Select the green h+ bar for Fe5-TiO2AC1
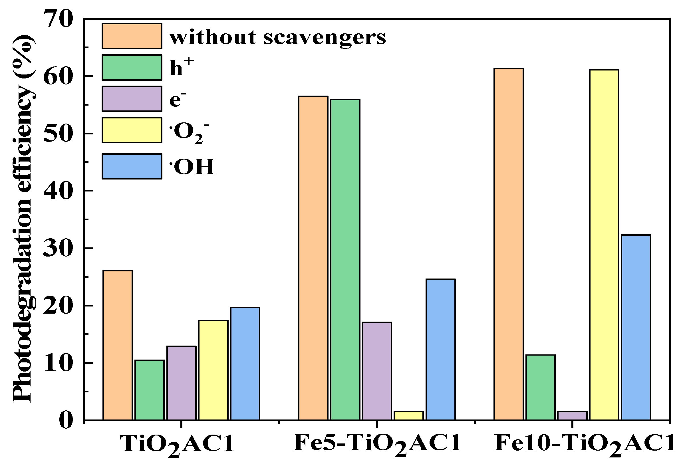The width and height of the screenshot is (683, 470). pyautogui.click(x=345, y=259)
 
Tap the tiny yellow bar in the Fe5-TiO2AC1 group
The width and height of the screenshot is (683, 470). pyautogui.click(x=408, y=415)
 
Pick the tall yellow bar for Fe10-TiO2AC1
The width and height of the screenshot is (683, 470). pyautogui.click(x=604, y=245)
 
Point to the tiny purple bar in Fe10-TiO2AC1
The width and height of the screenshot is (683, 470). pyautogui.click(x=572, y=415)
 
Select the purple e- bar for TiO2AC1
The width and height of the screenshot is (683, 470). pyautogui.click(x=181, y=383)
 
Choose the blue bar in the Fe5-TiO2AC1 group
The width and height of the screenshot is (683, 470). pyautogui.click(x=440, y=349)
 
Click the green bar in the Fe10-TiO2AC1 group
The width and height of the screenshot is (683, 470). pyautogui.click(x=541, y=387)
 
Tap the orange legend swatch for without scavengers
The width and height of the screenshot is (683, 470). pyautogui.click(x=132, y=36)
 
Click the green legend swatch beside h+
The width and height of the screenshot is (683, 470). pyautogui.click(x=132, y=67)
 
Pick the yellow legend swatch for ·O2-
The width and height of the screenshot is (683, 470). pyautogui.click(x=132, y=130)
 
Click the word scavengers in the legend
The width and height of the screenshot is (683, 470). pyautogui.click(x=324, y=38)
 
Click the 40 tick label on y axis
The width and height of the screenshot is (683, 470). pyautogui.click(x=58, y=191)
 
